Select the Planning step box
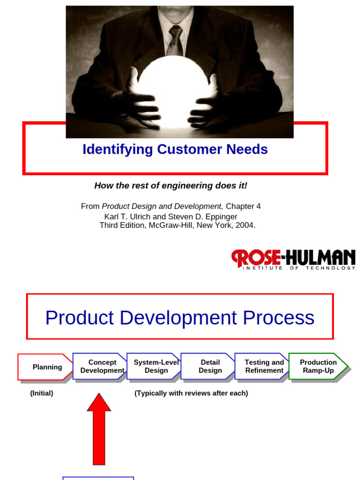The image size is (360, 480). pos(46,367)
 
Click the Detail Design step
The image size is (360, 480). pos(210,366)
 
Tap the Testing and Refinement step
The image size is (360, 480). pos(264,366)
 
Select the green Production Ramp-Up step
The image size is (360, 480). pos(318,366)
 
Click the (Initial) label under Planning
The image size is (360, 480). pos(42,393)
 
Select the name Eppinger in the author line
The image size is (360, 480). pos(220,217)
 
